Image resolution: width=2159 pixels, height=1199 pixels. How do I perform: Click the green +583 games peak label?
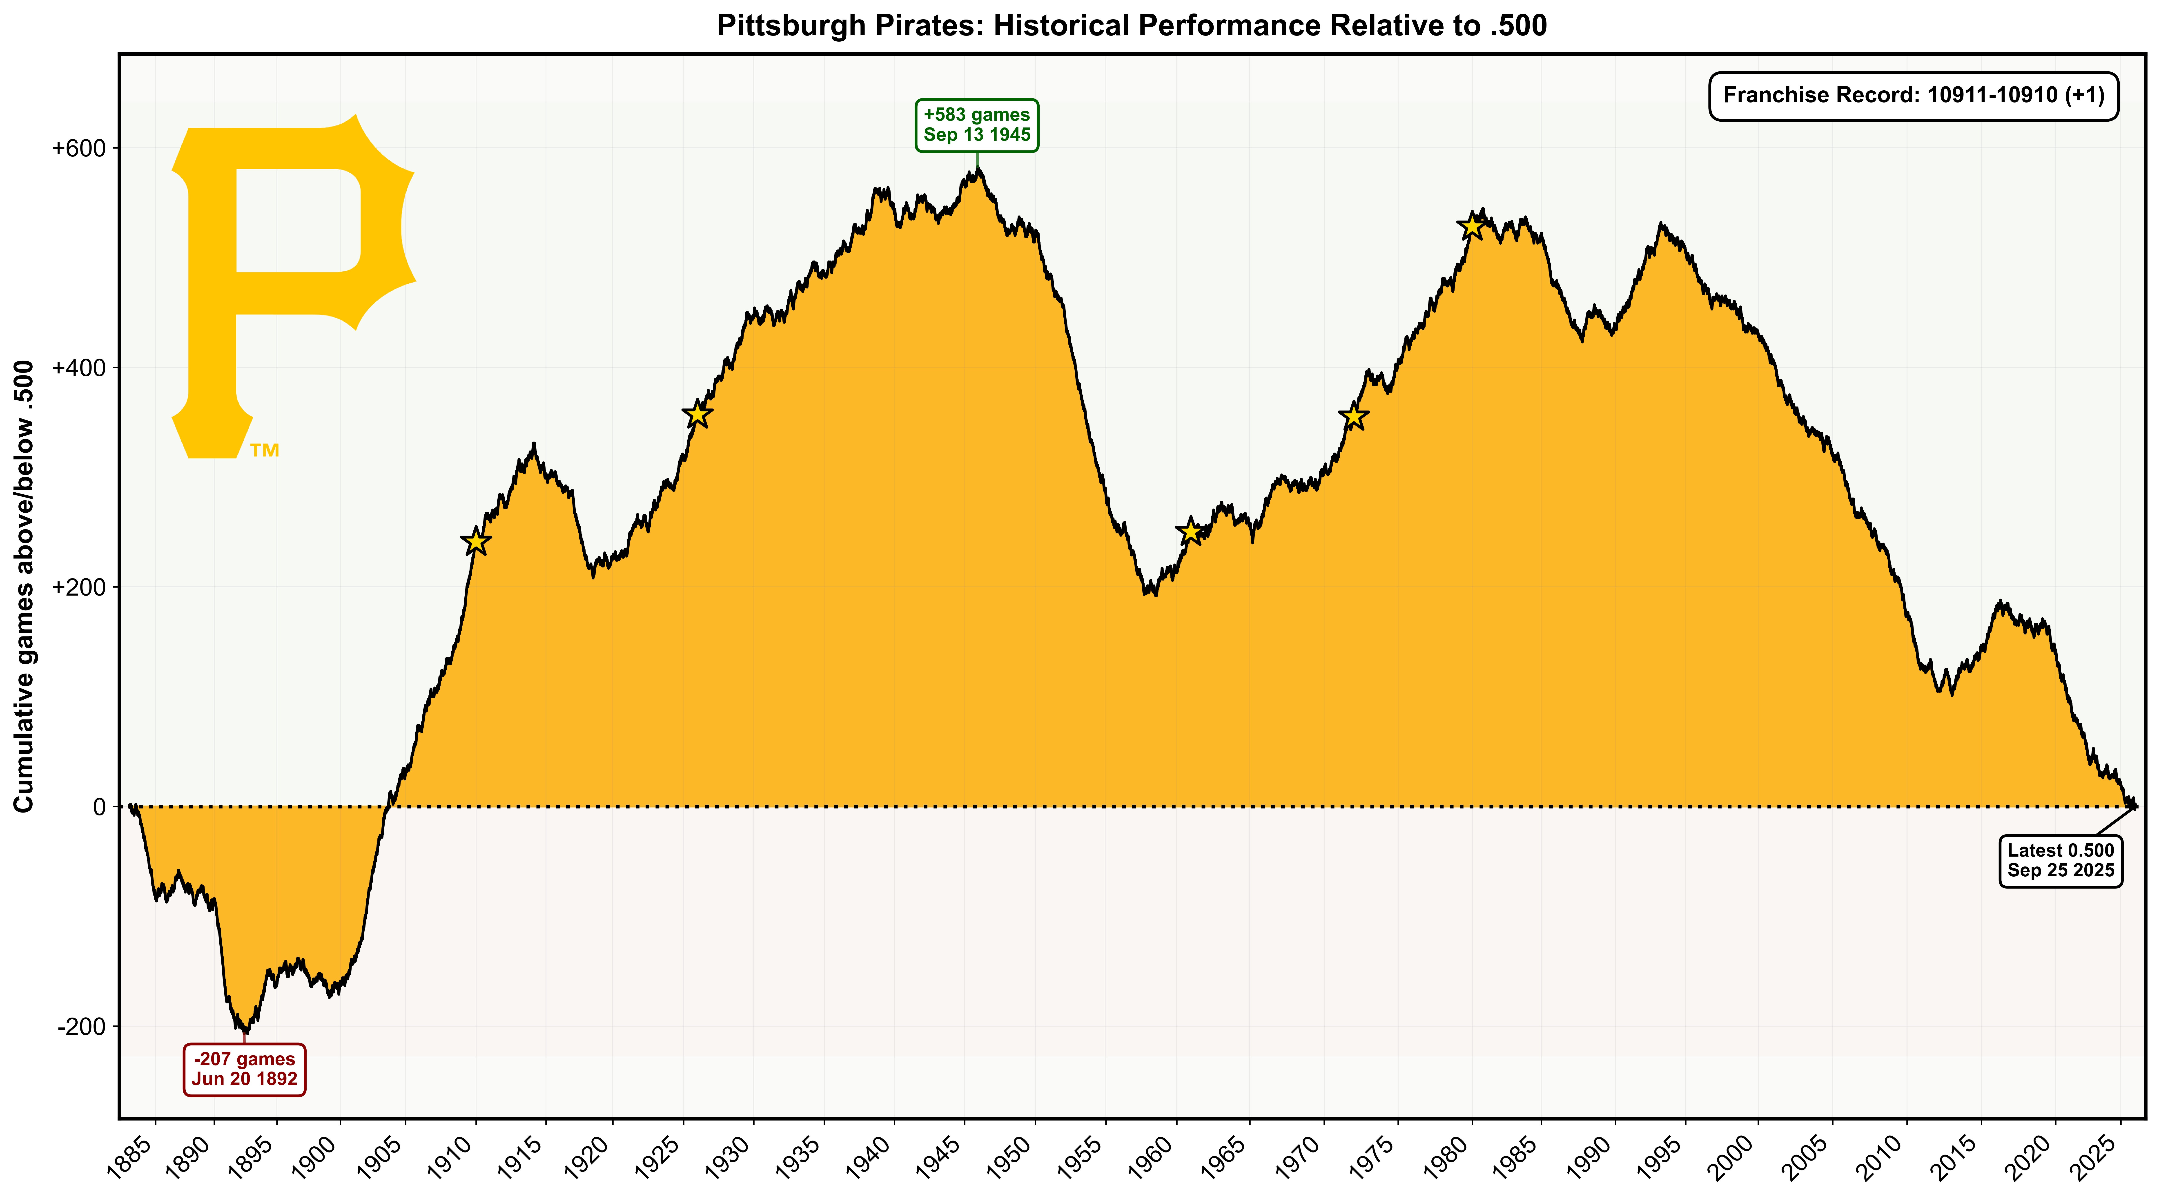click(976, 125)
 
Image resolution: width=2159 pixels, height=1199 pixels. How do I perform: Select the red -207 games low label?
click(244, 1069)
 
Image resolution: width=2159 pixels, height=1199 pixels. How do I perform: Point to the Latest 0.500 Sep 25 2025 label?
click(2060, 860)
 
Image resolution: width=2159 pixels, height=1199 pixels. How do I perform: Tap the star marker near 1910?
click(476, 542)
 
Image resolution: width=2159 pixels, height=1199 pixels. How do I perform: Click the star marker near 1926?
click(697, 414)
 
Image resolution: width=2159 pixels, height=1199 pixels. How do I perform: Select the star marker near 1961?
click(1190, 531)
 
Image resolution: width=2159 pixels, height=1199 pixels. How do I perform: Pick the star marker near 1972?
click(1354, 417)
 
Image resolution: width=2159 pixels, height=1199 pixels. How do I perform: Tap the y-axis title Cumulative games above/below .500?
click(23, 587)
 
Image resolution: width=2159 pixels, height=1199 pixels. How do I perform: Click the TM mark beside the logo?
click(265, 451)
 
